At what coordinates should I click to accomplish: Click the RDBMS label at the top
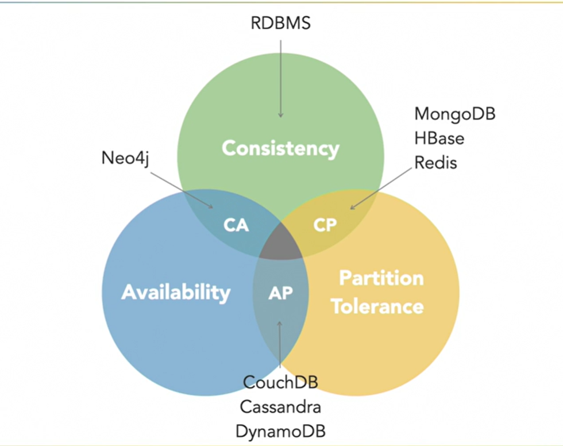coord(280,23)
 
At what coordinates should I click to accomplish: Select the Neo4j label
coord(125,157)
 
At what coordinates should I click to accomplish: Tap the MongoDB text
coord(454,113)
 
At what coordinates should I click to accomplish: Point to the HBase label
coord(439,138)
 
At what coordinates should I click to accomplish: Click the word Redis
coord(435,163)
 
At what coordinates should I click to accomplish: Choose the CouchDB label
coord(280,382)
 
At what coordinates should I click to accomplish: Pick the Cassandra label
coord(280,406)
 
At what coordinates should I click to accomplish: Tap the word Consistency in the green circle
coord(280,148)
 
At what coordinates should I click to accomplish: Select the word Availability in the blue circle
coord(175,292)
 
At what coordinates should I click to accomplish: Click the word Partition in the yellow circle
coord(381,278)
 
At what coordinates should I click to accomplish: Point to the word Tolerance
coord(377,306)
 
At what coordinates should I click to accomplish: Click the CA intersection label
coord(236,225)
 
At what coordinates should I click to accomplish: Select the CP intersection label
coord(325,225)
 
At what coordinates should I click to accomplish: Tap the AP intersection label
coord(280,293)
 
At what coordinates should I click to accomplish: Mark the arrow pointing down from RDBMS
coord(280,75)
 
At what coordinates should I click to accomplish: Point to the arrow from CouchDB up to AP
coord(280,345)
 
